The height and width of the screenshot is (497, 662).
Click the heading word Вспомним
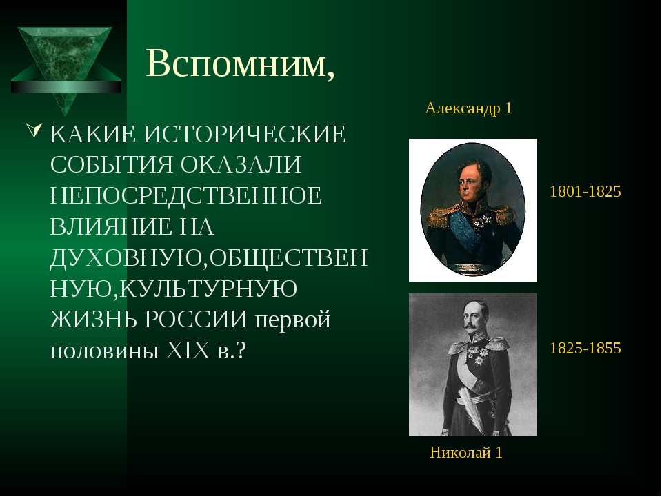point(240,64)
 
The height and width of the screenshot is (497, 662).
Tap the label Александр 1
point(469,108)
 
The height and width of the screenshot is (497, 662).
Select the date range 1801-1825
point(585,191)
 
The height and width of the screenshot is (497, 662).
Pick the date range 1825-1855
point(585,348)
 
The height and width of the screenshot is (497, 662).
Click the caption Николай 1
point(466,453)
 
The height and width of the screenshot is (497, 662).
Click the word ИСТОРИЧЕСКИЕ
point(245,135)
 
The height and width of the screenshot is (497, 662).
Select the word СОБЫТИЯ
point(112,165)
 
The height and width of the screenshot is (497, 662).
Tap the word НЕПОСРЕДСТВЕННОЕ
point(185,195)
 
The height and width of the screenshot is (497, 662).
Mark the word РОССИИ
point(196,320)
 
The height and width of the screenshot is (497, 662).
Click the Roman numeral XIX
point(188,351)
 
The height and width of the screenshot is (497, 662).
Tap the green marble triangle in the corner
point(66,68)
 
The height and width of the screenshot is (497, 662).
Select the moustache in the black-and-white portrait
point(471,327)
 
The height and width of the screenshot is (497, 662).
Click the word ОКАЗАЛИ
point(241,165)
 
